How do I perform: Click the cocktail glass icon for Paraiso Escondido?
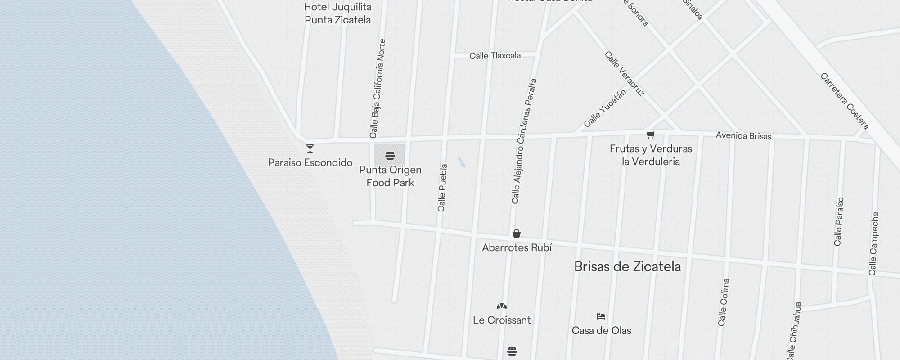click(310, 148)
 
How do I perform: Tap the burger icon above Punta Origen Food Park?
click(390, 156)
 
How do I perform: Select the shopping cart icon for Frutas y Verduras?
click(650, 135)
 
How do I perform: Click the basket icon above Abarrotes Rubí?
click(517, 234)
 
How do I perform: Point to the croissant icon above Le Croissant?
click(502, 306)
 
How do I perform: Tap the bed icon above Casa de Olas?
click(601, 316)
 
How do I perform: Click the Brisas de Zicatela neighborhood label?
click(627, 266)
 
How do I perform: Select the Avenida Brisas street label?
click(743, 136)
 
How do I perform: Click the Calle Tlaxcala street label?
click(495, 56)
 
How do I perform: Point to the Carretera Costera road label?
click(844, 101)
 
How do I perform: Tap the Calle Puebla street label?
click(442, 188)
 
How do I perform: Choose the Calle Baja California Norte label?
click(378, 89)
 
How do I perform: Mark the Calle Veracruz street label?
click(624, 74)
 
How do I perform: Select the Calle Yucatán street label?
click(605, 108)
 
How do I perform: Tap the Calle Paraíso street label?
click(839, 221)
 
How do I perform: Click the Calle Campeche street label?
click(874, 243)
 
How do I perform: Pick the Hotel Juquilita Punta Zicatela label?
click(338, 13)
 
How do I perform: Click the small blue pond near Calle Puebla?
click(461, 162)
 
